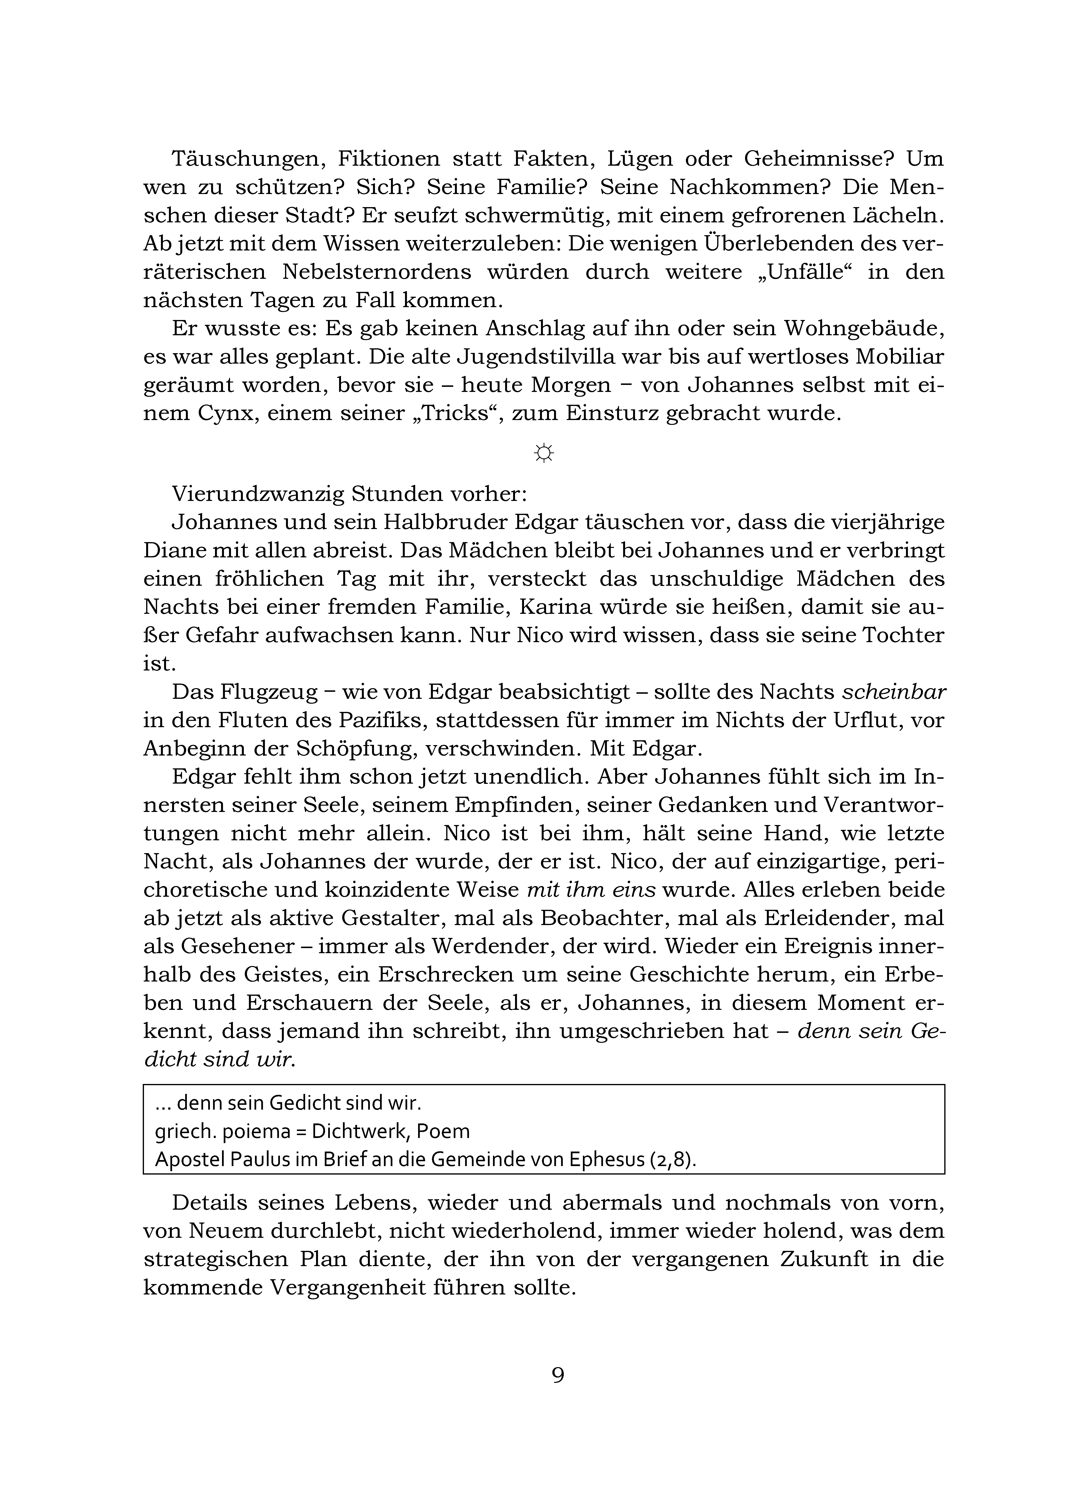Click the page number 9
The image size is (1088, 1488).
[x=557, y=1375]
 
